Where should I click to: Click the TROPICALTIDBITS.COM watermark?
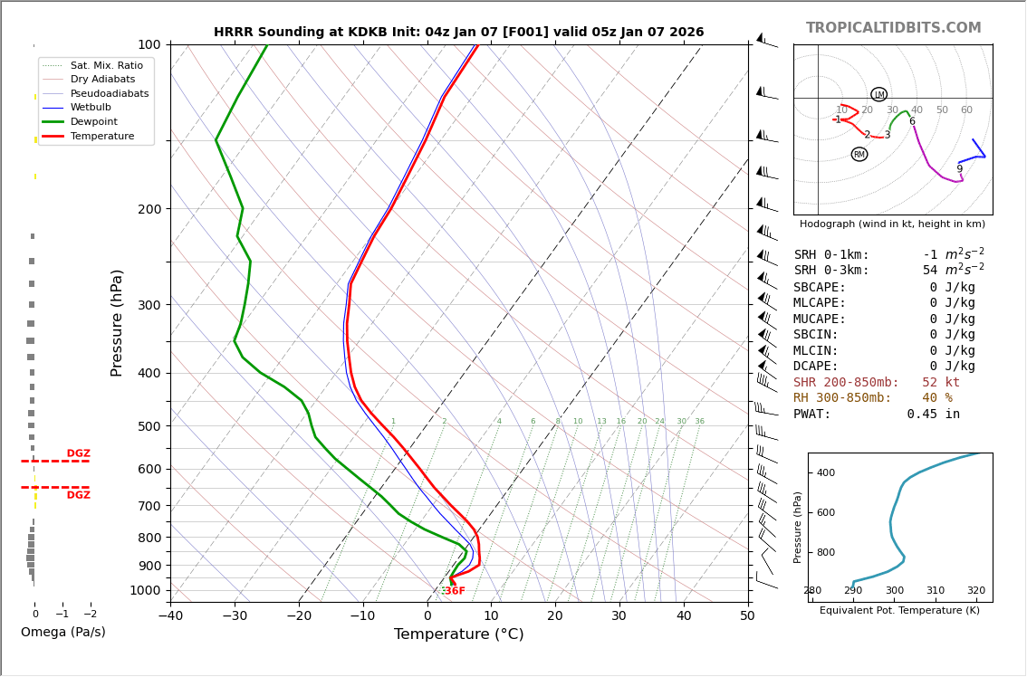(893, 28)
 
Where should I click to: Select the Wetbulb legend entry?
(94, 107)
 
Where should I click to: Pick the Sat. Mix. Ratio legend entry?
(106, 65)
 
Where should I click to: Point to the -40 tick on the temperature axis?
(170, 616)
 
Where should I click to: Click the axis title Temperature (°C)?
(458, 634)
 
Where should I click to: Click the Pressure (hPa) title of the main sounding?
(117, 322)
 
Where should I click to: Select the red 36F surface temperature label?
(454, 591)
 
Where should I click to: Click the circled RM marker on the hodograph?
(859, 155)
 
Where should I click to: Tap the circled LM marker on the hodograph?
(878, 95)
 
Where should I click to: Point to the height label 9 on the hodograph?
(959, 169)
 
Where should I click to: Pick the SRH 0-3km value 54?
(930, 271)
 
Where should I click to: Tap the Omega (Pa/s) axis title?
(62, 633)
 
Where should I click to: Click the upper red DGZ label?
(78, 453)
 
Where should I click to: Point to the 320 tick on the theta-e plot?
(975, 591)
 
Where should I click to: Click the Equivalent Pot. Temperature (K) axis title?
(899, 610)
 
